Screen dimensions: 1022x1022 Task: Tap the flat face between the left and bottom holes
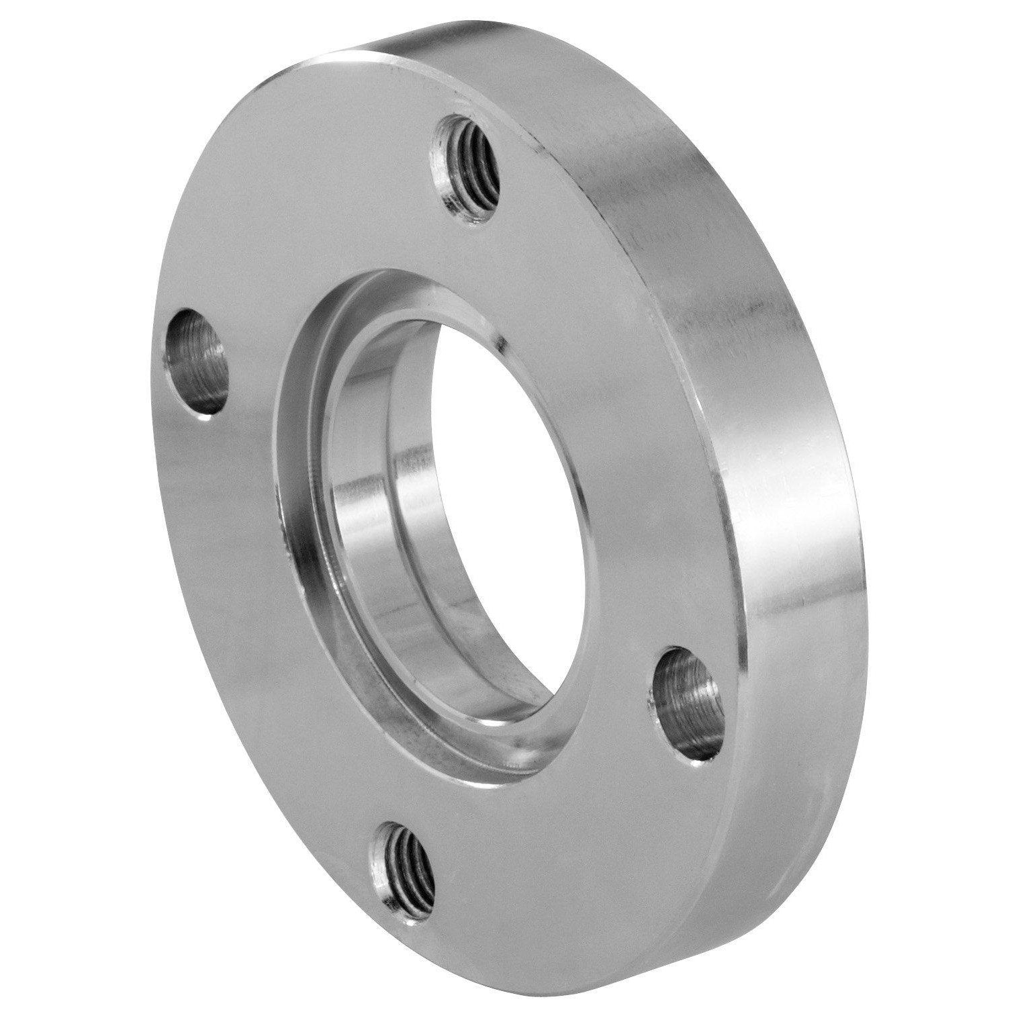coord(255,671)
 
